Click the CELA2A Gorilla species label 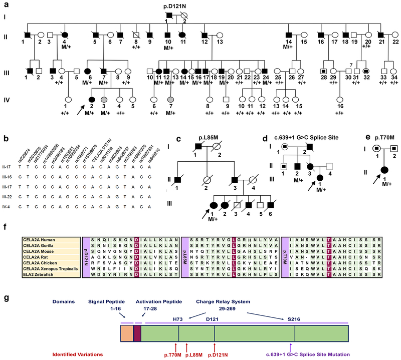tap(41, 238)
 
